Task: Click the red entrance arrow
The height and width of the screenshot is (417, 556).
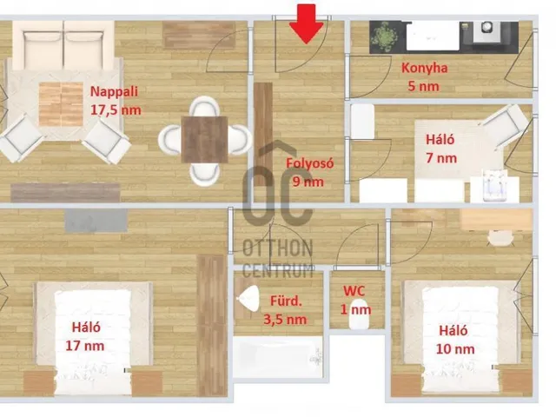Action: click(x=307, y=23)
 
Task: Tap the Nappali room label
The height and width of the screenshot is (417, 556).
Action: click(x=114, y=92)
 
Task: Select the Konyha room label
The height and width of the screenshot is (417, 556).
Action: click(x=424, y=68)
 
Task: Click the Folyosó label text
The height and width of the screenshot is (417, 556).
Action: click(x=310, y=163)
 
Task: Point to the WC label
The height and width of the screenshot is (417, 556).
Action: click(x=354, y=291)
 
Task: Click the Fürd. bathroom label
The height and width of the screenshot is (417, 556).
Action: click(x=286, y=301)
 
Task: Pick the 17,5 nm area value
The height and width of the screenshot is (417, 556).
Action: click(x=116, y=110)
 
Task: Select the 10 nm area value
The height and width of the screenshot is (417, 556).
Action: click(x=455, y=349)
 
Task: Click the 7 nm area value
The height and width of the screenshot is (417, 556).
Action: click(x=441, y=158)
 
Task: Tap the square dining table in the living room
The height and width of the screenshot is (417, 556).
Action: click(x=205, y=139)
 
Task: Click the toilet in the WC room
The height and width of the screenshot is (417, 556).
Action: click(x=359, y=314)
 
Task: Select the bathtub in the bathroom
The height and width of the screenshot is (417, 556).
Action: click(x=278, y=357)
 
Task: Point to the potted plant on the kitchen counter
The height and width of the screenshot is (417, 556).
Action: click(x=384, y=36)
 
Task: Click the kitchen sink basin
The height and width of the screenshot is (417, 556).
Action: click(x=433, y=36)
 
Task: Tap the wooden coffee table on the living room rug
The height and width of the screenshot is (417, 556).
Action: click(x=61, y=104)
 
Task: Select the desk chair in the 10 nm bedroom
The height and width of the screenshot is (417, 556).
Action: click(x=500, y=237)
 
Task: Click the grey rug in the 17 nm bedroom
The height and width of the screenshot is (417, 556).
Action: click(x=96, y=221)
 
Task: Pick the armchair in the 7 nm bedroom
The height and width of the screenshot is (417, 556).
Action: click(x=505, y=126)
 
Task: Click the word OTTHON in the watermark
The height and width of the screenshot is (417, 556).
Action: click(x=278, y=248)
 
